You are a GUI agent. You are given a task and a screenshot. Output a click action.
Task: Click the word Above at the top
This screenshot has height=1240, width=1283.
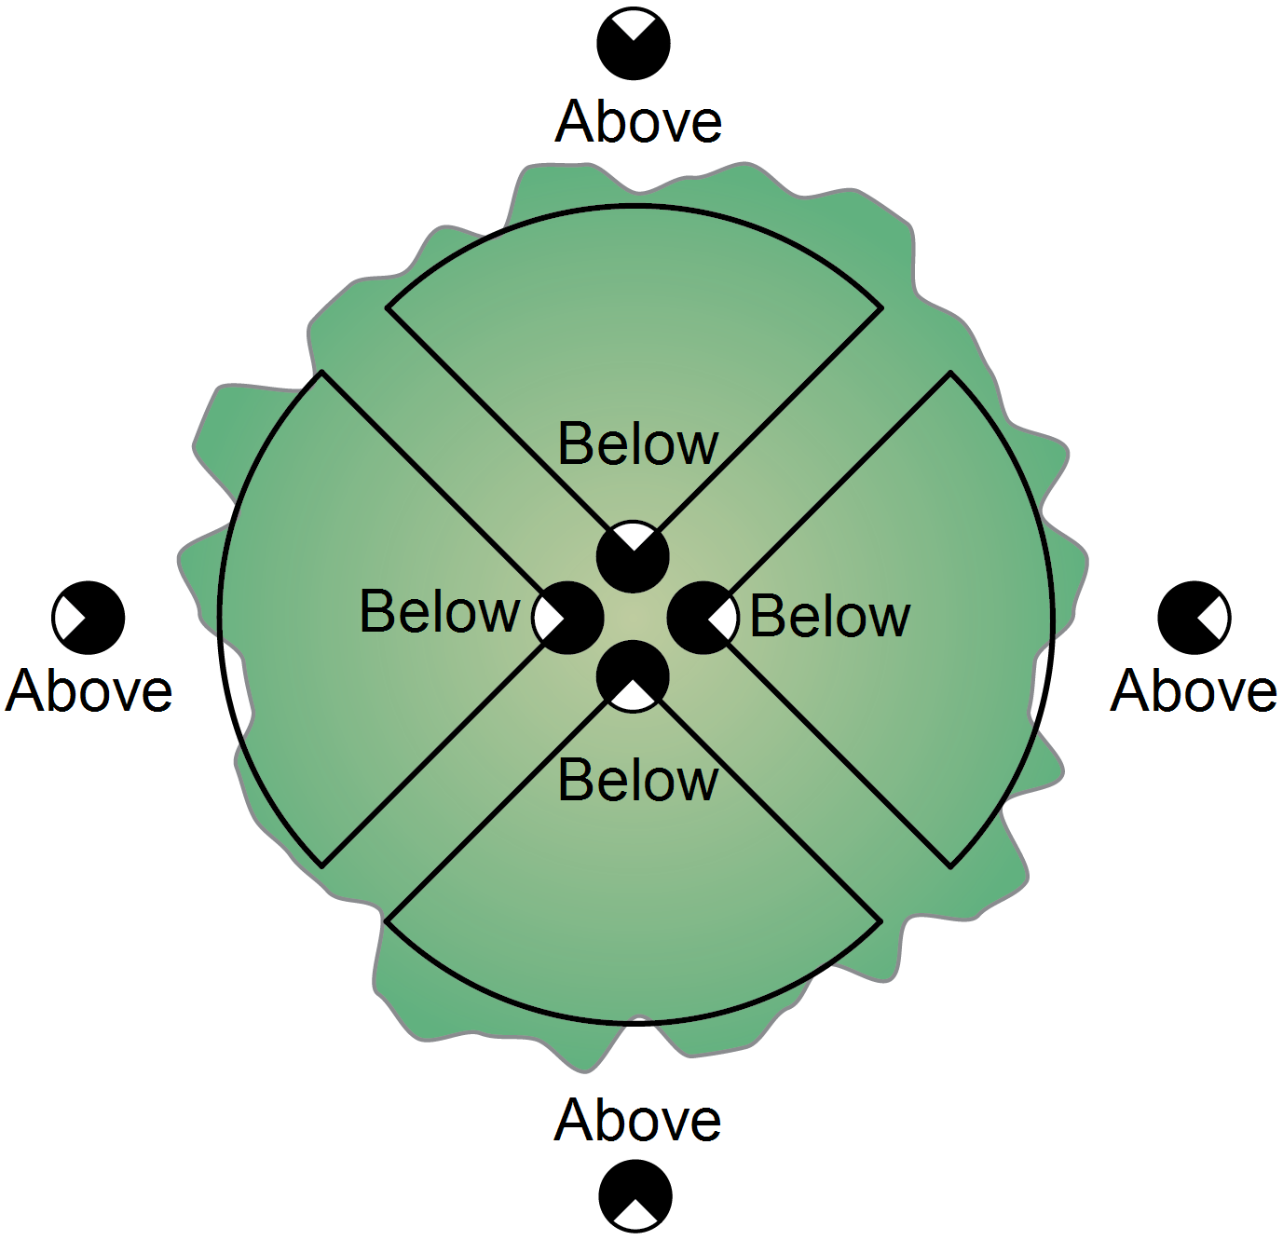point(638,121)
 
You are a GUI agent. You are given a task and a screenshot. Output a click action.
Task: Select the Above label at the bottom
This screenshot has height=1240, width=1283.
point(637,1120)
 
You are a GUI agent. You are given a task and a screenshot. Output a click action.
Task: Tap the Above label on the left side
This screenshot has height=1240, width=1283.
point(89,690)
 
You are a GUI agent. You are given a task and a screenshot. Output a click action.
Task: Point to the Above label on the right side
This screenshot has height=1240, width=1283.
point(1194,690)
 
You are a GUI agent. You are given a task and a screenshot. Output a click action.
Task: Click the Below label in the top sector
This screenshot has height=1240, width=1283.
point(637,443)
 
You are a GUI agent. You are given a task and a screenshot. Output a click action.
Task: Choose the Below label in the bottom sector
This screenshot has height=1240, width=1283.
point(637,780)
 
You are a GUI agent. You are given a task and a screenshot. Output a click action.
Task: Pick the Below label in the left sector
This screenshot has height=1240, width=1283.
point(439,611)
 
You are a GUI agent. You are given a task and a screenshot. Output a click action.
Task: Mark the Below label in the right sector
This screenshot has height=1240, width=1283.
point(830,617)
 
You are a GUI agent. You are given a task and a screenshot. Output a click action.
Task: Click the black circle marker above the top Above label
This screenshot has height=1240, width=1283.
point(634,44)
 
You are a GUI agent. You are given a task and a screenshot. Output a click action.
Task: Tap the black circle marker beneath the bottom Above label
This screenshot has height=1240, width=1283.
point(635,1196)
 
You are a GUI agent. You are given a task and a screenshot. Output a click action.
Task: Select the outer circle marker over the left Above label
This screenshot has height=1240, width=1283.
point(89,618)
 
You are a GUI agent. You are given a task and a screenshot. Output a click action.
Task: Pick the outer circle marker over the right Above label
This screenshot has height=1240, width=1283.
point(1194,618)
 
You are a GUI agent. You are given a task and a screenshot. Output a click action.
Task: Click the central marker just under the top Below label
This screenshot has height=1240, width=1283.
point(633,557)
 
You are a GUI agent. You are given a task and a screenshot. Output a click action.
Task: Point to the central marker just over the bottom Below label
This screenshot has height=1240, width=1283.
point(633,677)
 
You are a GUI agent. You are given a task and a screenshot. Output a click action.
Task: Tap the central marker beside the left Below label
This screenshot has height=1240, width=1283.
point(568,618)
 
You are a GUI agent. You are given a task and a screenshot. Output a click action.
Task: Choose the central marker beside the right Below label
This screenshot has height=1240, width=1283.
point(703,618)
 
